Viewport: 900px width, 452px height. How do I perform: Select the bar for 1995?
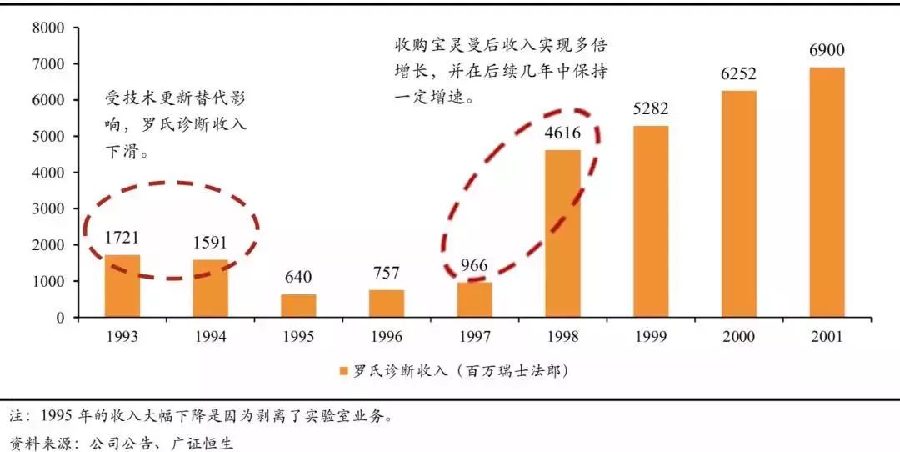[x=298, y=305]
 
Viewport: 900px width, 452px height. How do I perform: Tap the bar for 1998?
[x=562, y=234]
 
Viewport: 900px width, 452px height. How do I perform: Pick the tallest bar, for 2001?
[x=827, y=192]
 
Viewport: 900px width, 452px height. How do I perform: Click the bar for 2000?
[x=738, y=203]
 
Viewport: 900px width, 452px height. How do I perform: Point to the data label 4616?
[x=562, y=133]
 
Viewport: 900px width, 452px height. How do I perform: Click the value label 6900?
[x=827, y=51]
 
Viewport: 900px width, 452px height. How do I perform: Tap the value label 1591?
[x=210, y=244]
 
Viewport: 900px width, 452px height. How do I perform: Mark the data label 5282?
[x=651, y=109]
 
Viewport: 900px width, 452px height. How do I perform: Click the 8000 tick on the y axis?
[x=48, y=28]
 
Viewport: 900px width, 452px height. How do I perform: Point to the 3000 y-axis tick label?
[x=48, y=208]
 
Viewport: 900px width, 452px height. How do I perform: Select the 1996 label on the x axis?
[x=387, y=338]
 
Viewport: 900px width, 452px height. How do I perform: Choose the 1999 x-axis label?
[x=651, y=338]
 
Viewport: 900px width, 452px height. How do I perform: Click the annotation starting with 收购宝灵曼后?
[x=500, y=71]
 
